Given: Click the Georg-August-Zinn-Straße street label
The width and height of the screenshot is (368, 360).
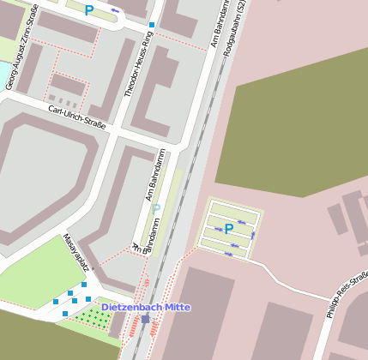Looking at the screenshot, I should (23, 58).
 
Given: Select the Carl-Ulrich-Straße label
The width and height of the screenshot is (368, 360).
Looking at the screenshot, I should (76, 117).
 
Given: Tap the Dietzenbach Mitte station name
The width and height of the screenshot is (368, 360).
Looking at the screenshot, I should (146, 307).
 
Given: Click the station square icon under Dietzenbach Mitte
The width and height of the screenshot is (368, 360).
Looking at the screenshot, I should (145, 319).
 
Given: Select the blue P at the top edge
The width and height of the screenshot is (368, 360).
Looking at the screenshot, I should (88, 10).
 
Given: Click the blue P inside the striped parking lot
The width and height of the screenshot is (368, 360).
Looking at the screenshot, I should (228, 228).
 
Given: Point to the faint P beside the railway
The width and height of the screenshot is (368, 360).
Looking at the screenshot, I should (155, 208).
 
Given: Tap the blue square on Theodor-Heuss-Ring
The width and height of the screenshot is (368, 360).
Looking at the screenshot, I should (152, 25).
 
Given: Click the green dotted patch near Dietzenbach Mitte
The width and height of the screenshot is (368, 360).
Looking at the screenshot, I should (91, 317).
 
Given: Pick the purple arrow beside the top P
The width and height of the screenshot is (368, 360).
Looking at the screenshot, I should (114, 11).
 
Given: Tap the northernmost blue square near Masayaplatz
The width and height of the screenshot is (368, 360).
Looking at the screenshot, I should (84, 284).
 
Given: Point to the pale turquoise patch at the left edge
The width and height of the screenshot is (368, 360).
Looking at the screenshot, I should (3, 73).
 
